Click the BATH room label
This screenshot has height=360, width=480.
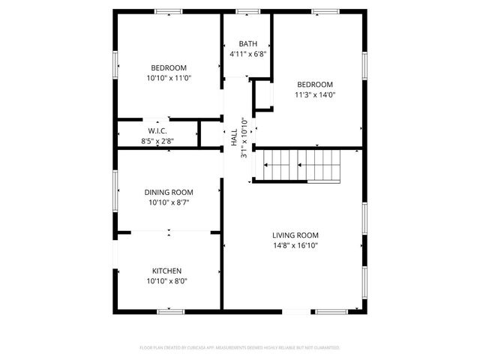tap(247, 43)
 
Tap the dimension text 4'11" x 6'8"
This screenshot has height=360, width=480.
tap(247, 54)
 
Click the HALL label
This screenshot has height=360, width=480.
tap(234, 136)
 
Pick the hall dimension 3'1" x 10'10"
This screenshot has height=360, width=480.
tap(244, 136)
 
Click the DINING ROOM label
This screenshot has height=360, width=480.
tap(169, 192)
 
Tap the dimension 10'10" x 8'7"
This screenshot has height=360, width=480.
tap(169, 202)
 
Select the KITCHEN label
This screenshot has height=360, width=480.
tap(167, 271)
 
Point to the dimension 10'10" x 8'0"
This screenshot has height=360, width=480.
tap(167, 281)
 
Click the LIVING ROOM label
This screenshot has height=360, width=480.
tap(295, 235)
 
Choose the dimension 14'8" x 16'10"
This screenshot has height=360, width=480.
tap(295, 245)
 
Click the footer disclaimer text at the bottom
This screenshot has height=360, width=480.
tap(240, 348)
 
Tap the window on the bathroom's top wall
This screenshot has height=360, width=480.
tap(247, 11)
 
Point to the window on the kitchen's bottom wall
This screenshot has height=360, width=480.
tap(171, 310)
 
